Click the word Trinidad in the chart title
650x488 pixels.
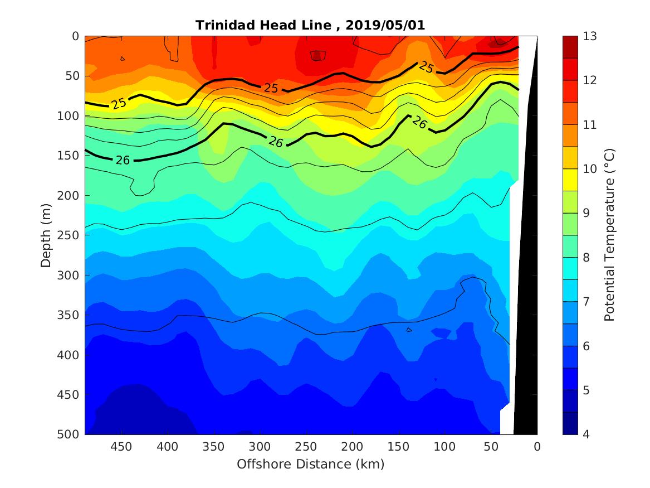(x=220, y=25)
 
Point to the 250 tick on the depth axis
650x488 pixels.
(x=69, y=235)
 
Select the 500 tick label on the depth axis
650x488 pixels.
(x=69, y=434)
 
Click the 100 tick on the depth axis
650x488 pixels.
(x=69, y=116)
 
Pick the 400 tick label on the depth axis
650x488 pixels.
(x=69, y=355)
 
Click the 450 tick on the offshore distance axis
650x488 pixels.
(x=121, y=447)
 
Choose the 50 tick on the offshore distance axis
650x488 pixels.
(x=491, y=447)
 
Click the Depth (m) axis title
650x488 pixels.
(x=47, y=235)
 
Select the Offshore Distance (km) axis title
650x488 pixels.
(x=311, y=465)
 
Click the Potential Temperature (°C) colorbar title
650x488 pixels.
(x=609, y=235)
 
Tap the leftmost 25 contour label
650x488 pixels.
(x=119, y=103)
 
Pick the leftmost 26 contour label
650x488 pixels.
(x=123, y=161)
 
